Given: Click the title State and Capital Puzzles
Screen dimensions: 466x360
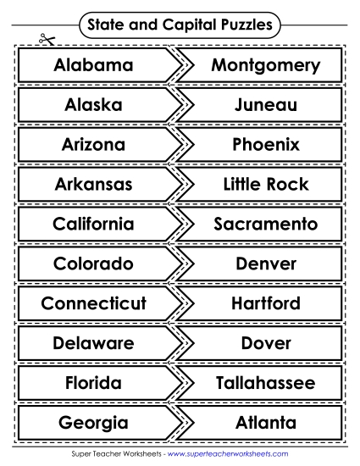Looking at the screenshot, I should (180, 25).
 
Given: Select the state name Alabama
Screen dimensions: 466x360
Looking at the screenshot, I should (93, 65).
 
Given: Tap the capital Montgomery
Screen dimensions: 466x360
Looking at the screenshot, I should (266, 65).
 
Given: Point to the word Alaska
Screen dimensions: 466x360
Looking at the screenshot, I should (93, 105).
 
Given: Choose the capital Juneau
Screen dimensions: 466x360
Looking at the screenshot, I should (266, 105).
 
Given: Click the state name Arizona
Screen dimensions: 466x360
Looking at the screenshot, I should (93, 145).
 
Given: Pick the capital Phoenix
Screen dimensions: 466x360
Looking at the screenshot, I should (266, 145).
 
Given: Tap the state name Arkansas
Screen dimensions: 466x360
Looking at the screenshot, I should (93, 184).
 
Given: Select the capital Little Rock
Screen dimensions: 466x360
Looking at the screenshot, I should (266, 184).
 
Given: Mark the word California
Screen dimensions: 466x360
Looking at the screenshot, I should (93, 224).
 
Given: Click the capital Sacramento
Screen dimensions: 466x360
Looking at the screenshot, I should (266, 224).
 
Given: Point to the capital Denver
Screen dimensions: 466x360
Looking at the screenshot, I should (266, 264).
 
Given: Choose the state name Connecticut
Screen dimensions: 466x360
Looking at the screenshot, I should (93, 302).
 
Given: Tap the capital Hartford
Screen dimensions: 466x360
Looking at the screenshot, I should (266, 302).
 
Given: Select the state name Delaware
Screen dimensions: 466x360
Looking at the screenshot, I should (93, 343).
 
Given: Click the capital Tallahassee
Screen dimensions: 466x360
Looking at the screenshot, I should (266, 382).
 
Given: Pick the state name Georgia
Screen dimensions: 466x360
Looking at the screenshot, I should (93, 422).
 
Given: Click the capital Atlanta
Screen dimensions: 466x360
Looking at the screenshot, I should (266, 422).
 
